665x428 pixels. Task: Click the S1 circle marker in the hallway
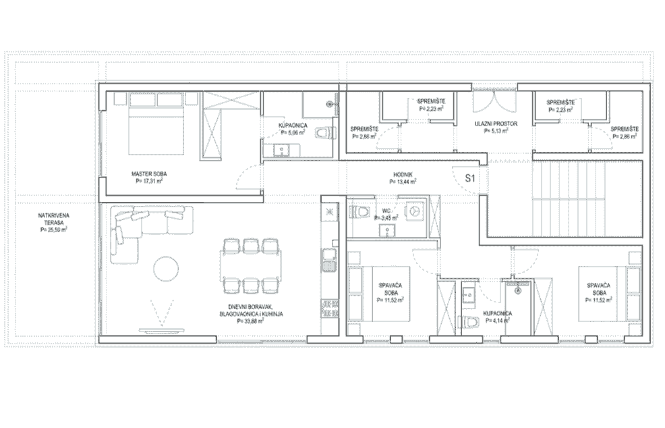tap(471, 180)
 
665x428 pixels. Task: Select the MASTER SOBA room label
tap(149, 173)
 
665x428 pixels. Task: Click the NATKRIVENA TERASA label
tap(54, 219)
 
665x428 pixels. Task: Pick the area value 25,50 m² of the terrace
tap(54, 230)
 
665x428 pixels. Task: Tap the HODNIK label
tap(403, 173)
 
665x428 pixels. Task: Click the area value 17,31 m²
tap(149, 181)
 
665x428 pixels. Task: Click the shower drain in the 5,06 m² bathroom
tap(330, 104)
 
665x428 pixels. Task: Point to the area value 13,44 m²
tap(403, 181)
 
